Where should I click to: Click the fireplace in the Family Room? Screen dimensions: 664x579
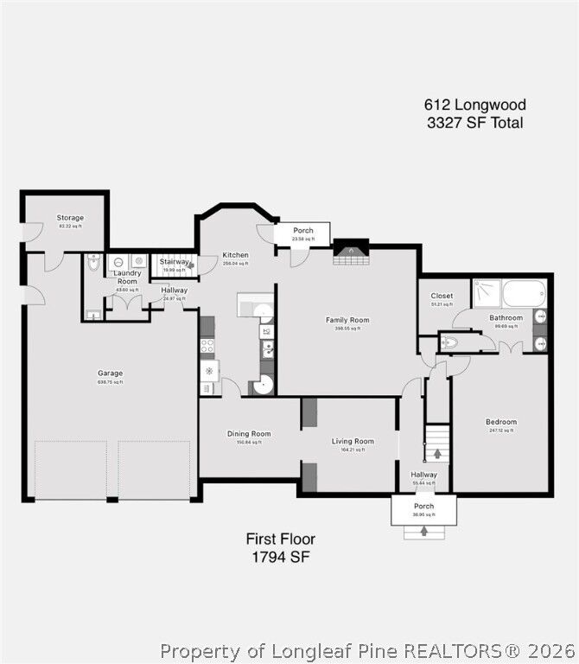pos(351,252)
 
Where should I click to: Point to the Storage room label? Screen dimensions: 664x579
pos(70,218)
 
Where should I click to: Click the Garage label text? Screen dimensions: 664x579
pos(109,373)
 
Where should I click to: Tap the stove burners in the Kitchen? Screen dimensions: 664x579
pos(207,347)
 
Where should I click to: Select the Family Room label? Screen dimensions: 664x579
pos(347,320)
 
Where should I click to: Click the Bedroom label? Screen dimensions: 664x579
pos(501,422)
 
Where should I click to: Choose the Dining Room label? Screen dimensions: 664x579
pos(249,434)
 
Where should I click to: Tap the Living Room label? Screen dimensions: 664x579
pos(353,441)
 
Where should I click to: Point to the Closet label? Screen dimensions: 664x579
pos(442,296)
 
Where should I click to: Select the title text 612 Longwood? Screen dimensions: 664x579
pos(474,105)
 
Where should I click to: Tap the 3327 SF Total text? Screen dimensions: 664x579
pos(474,123)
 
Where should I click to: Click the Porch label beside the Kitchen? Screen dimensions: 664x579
pos(302,231)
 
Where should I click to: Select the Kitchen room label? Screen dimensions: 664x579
pos(235,255)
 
